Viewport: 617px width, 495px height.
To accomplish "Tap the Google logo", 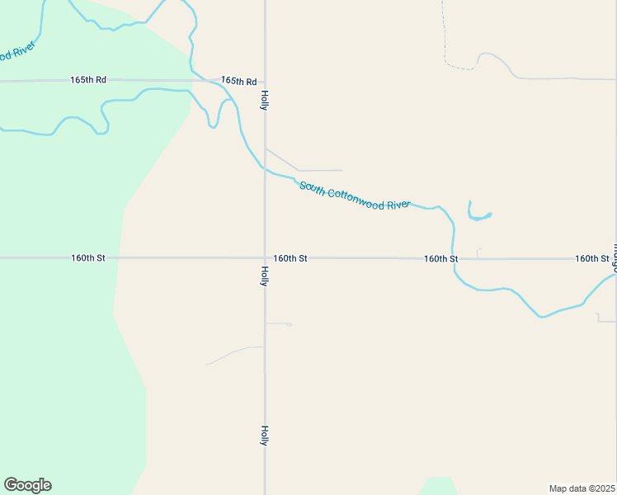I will pyautogui.click(x=27, y=485).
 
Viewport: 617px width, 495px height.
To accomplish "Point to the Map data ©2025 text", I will pyautogui.click(x=582, y=488).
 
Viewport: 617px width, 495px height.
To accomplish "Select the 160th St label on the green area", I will pyautogui.click(x=88, y=258).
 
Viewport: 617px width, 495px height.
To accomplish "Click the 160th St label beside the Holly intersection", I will pyautogui.click(x=290, y=258).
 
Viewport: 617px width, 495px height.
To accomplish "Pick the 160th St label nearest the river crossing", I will pyautogui.click(x=440, y=259).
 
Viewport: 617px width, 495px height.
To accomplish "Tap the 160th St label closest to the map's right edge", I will pyautogui.click(x=591, y=259).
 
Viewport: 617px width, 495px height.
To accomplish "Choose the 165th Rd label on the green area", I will pyautogui.click(x=88, y=80).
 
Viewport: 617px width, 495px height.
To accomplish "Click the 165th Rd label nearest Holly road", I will pyautogui.click(x=238, y=82).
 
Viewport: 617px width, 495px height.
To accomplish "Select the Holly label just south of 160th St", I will pyautogui.click(x=265, y=276).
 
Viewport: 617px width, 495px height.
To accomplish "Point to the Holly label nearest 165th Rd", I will pyautogui.click(x=265, y=101).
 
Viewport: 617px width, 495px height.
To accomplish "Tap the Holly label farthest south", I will pyautogui.click(x=265, y=436).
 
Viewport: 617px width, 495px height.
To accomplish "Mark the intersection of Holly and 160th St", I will pyautogui.click(x=265, y=258).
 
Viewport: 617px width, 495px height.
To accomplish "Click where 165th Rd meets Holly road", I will pyautogui.click(x=265, y=82).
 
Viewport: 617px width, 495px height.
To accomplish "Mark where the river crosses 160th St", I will pyautogui.click(x=454, y=258).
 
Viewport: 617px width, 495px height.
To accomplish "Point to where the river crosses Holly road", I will pyautogui.click(x=265, y=170).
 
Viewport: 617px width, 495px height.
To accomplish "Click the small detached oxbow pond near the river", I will pyautogui.click(x=478, y=216).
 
